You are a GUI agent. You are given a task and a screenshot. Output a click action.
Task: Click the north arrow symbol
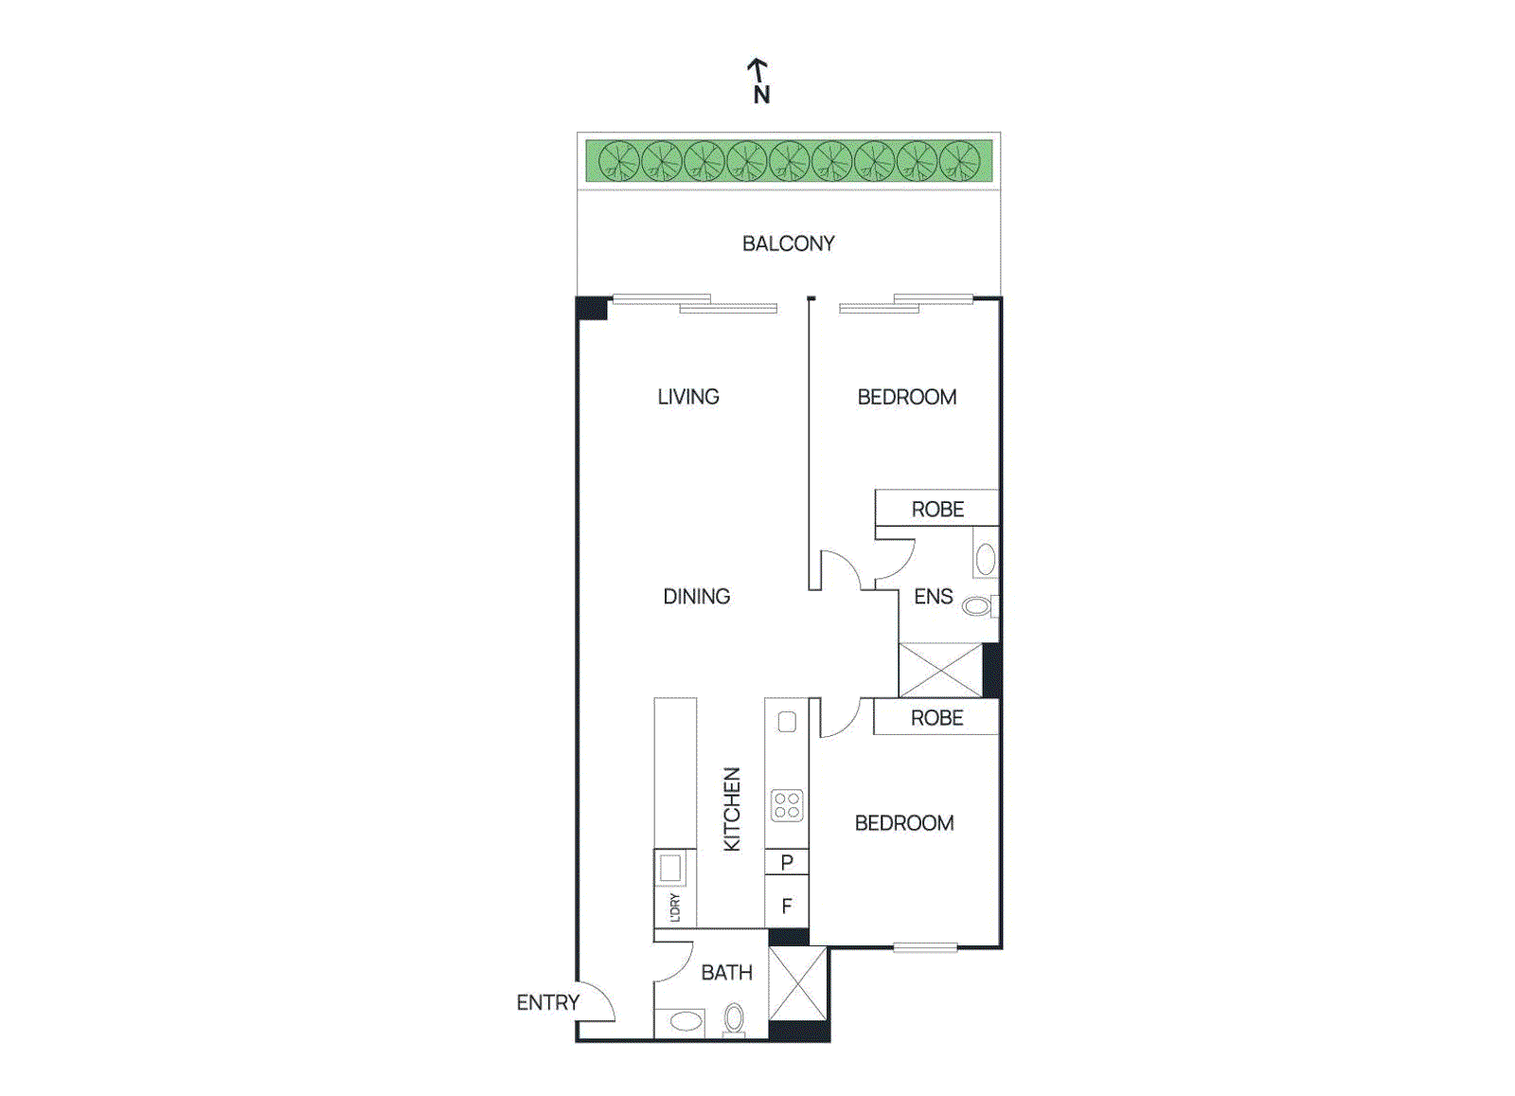(x=757, y=70)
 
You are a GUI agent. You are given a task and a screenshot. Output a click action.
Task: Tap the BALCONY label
(x=788, y=243)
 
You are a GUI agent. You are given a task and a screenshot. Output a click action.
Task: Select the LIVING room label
(x=688, y=397)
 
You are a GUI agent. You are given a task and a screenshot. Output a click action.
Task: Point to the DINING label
(x=696, y=597)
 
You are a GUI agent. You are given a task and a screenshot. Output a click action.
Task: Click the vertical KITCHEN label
(x=732, y=809)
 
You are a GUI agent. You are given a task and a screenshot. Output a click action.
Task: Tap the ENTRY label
(x=547, y=1002)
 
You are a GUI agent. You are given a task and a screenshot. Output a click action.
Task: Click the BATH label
(x=726, y=973)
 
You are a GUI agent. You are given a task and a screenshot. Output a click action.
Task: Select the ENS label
(x=933, y=597)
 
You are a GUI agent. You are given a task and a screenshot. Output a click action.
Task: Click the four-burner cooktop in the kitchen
(x=787, y=805)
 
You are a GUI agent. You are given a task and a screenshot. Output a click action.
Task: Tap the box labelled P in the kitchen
(x=787, y=862)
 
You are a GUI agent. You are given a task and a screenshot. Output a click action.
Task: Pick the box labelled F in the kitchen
(x=787, y=906)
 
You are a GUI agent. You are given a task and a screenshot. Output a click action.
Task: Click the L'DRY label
(x=675, y=907)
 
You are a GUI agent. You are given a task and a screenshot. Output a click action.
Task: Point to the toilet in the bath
(x=734, y=1019)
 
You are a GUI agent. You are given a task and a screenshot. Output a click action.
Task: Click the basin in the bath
(x=686, y=1021)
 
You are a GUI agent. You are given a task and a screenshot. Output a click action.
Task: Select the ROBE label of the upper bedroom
(x=937, y=510)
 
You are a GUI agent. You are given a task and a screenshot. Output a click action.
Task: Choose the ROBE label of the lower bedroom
(x=936, y=718)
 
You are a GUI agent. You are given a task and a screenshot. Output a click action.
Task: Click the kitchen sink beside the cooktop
(x=787, y=722)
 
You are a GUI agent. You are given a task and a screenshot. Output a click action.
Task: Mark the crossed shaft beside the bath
(x=797, y=983)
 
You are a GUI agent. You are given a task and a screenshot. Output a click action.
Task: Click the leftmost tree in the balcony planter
(x=619, y=160)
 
